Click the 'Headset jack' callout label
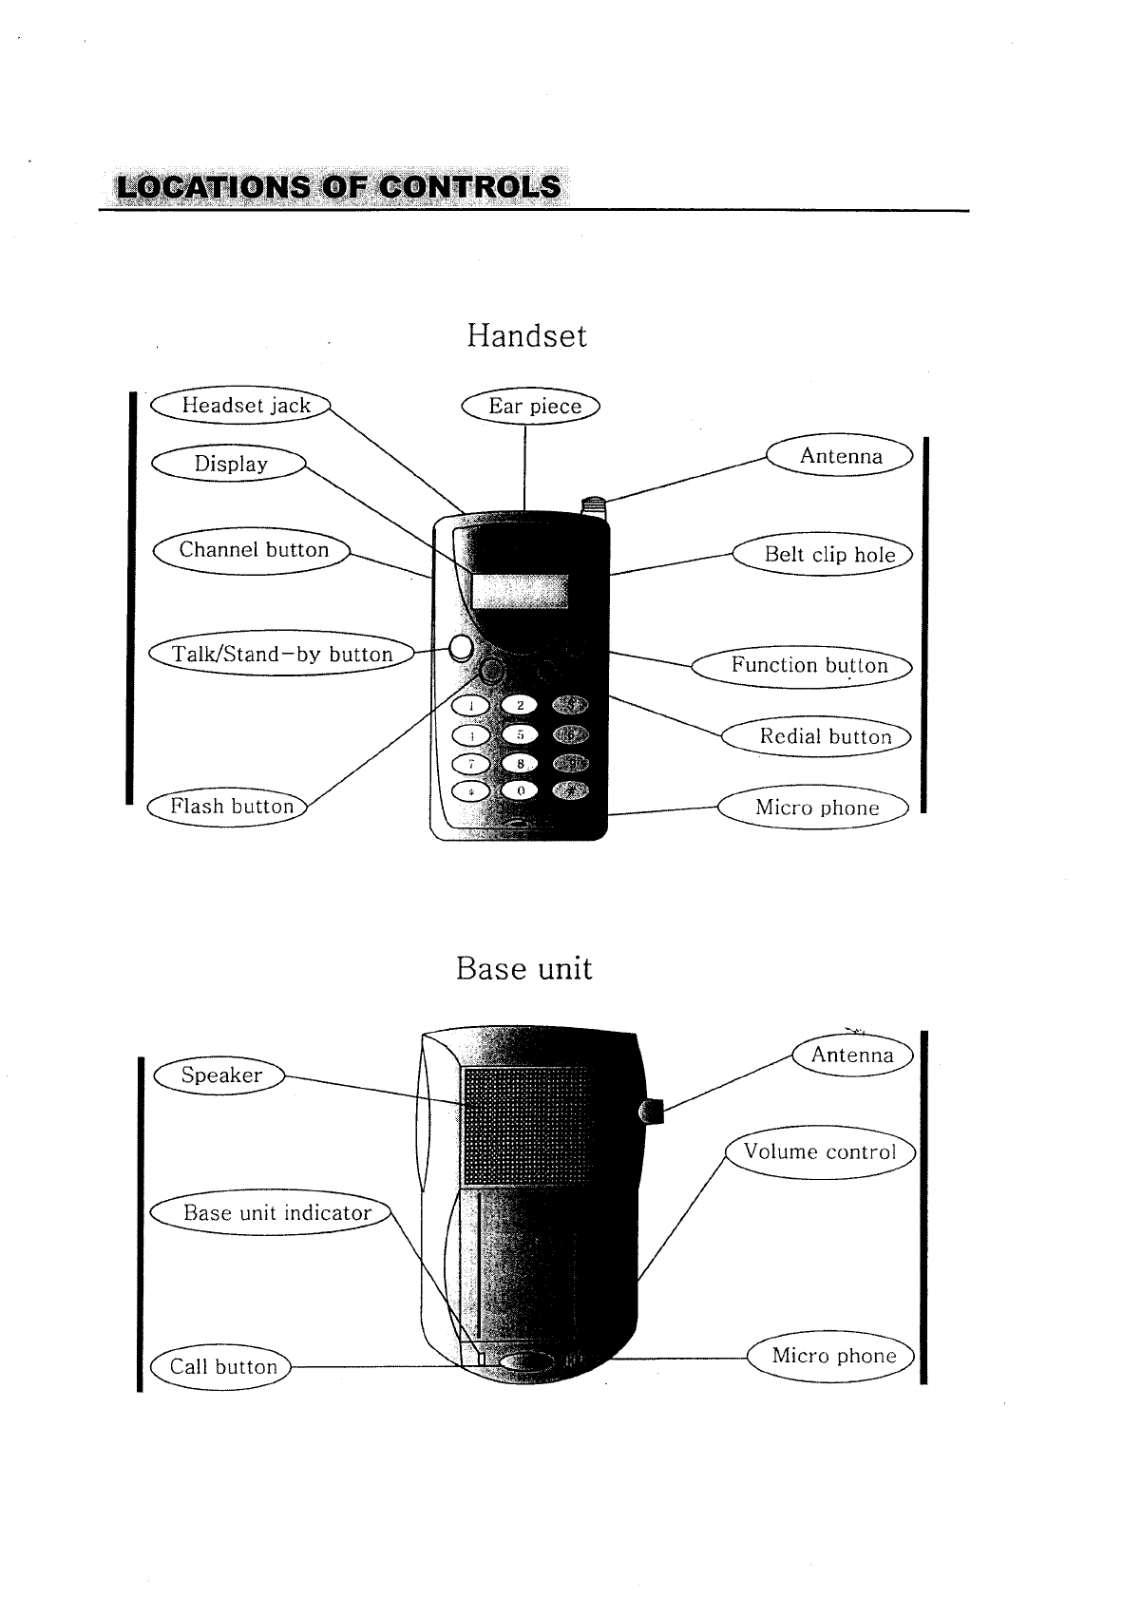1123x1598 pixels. pyautogui.click(x=245, y=406)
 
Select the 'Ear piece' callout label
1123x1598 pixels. pyautogui.click(x=533, y=407)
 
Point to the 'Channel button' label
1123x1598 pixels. pyautogui.click(x=253, y=550)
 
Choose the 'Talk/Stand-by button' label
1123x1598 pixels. pyautogui.click(x=282, y=654)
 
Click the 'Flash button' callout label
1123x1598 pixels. pyautogui.click(x=231, y=807)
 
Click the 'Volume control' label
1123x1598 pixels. pyautogui.click(x=819, y=1152)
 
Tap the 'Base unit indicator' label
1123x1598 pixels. pyautogui.click(x=276, y=1212)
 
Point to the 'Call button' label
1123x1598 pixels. pyautogui.click(x=222, y=1366)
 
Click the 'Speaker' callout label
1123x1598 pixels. pyautogui.click(x=221, y=1075)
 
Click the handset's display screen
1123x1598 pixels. pyautogui.click(x=520, y=592)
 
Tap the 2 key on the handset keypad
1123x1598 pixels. pyautogui.click(x=521, y=705)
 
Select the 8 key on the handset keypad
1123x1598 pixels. pyautogui.click(x=521, y=763)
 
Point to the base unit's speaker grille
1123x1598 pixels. pyautogui.click(x=521, y=1127)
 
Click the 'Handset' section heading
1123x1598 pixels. pyautogui.click(x=526, y=335)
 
